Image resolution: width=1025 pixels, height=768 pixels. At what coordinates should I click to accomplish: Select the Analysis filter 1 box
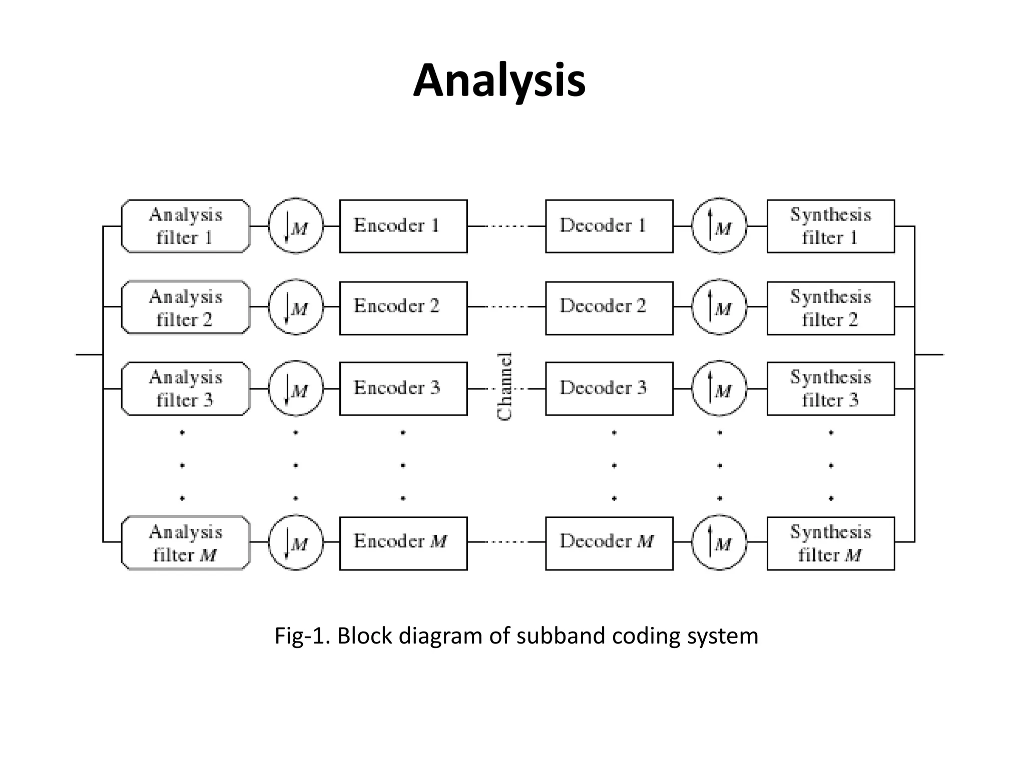[185, 226]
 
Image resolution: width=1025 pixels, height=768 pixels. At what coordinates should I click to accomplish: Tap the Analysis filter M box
[185, 543]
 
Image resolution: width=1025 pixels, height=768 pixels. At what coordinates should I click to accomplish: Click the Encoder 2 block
[403, 307]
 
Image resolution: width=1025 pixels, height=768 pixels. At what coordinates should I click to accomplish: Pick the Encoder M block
[403, 543]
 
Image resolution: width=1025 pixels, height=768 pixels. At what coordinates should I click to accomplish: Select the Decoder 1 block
[609, 226]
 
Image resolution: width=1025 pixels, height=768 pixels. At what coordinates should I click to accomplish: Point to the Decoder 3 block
[609, 388]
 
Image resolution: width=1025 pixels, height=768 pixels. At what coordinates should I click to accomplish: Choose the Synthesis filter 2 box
[830, 307]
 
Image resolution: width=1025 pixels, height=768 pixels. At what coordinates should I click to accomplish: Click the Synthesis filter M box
[830, 543]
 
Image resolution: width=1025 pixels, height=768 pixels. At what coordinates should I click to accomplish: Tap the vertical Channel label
[505, 386]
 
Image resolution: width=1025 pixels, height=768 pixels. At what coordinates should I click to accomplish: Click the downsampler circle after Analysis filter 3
[296, 388]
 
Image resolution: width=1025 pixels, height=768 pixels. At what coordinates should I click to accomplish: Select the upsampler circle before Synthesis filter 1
[719, 226]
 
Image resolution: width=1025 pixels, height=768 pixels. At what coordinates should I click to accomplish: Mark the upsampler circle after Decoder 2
[719, 307]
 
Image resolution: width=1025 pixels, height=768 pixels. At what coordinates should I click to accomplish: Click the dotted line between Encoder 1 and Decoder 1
[506, 226]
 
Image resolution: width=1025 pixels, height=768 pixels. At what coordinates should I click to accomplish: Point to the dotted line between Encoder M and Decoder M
[506, 541]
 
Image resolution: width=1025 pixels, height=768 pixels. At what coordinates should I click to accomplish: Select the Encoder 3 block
[403, 388]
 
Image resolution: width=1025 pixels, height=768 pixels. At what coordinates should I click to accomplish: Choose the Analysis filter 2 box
[185, 307]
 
